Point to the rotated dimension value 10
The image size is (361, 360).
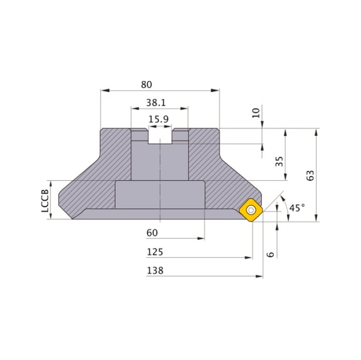(255, 113)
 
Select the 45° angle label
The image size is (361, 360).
(296, 208)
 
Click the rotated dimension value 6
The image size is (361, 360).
(270, 254)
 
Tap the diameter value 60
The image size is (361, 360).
(152, 233)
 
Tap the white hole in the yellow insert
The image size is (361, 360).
(251, 210)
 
